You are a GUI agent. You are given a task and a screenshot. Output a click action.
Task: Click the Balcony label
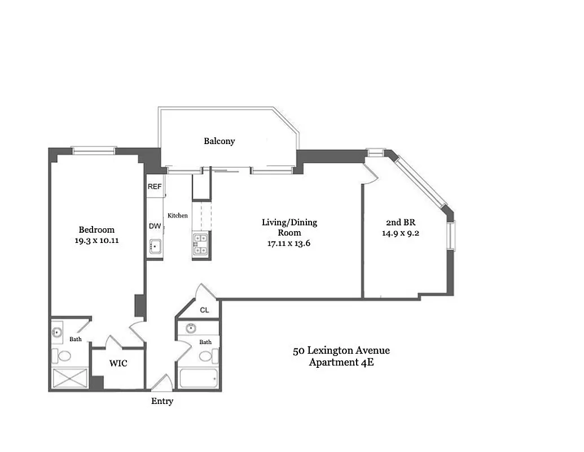[x=219, y=141]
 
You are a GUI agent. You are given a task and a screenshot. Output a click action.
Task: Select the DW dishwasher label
[x=155, y=226]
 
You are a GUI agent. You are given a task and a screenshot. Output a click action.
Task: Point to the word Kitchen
[x=177, y=216]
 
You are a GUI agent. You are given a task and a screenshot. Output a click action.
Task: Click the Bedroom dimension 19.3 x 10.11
[x=96, y=240]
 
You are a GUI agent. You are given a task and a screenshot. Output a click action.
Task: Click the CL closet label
[x=204, y=311]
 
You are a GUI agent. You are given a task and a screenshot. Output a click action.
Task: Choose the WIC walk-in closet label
[x=118, y=364]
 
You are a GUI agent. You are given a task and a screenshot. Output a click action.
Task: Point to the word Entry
[x=162, y=402]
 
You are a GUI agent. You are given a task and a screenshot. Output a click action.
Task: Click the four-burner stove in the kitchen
[x=201, y=245]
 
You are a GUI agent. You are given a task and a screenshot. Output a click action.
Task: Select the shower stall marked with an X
[x=69, y=379]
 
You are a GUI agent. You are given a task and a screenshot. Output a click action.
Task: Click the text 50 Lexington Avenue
[x=341, y=351]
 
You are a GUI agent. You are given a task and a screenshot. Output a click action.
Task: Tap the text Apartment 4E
[x=341, y=362]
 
